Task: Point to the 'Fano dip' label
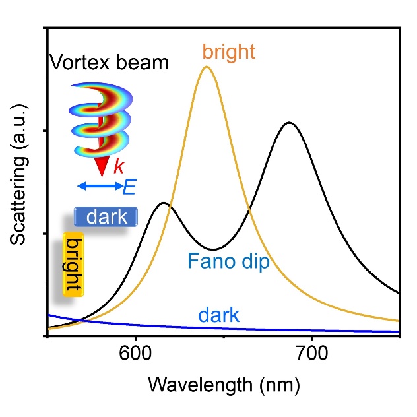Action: tap(228, 262)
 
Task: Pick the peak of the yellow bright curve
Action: tap(207, 67)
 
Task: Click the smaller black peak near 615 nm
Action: tap(163, 203)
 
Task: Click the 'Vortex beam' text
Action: tap(109, 63)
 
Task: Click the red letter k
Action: tap(118, 167)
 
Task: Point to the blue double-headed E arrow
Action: tap(99, 187)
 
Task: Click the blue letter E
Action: tap(129, 187)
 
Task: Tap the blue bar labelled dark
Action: tap(106, 216)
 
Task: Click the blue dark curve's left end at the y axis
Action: tap(49, 315)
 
